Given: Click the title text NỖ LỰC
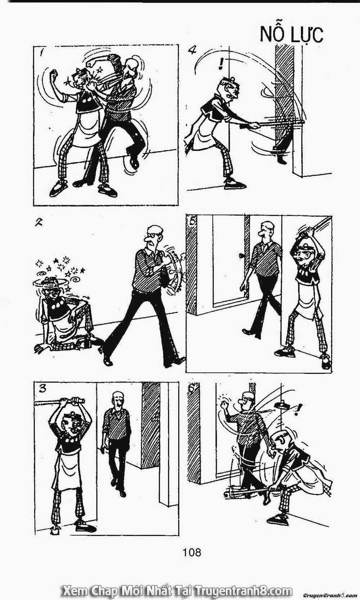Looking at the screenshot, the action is [x=292, y=35].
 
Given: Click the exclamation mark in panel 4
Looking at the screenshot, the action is [x=221, y=64].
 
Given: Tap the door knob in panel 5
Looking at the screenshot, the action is [x=242, y=256].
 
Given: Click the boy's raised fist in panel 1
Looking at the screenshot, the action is [x=54, y=73].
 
